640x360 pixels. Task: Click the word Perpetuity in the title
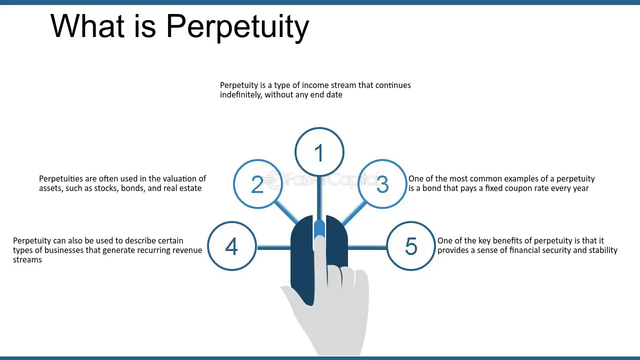[x=237, y=27]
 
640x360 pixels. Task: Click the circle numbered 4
[x=232, y=221]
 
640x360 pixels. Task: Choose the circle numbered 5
[x=411, y=221]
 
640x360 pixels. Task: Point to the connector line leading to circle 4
[x=273, y=247]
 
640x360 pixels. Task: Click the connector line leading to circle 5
[x=367, y=247]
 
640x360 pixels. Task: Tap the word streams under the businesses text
[x=27, y=260]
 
